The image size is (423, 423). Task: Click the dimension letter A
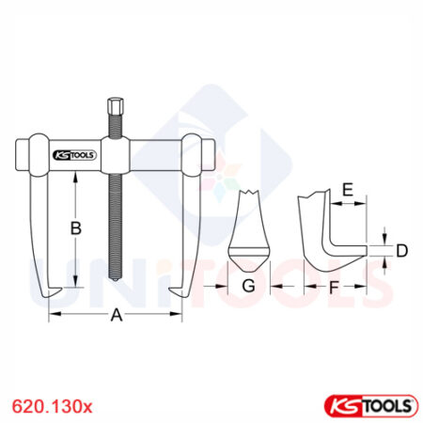[117, 317]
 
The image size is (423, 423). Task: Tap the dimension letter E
[347, 192]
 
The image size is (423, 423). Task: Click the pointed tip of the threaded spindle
[116, 283]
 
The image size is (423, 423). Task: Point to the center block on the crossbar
[116, 155]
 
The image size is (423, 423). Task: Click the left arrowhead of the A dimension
[52, 315]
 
